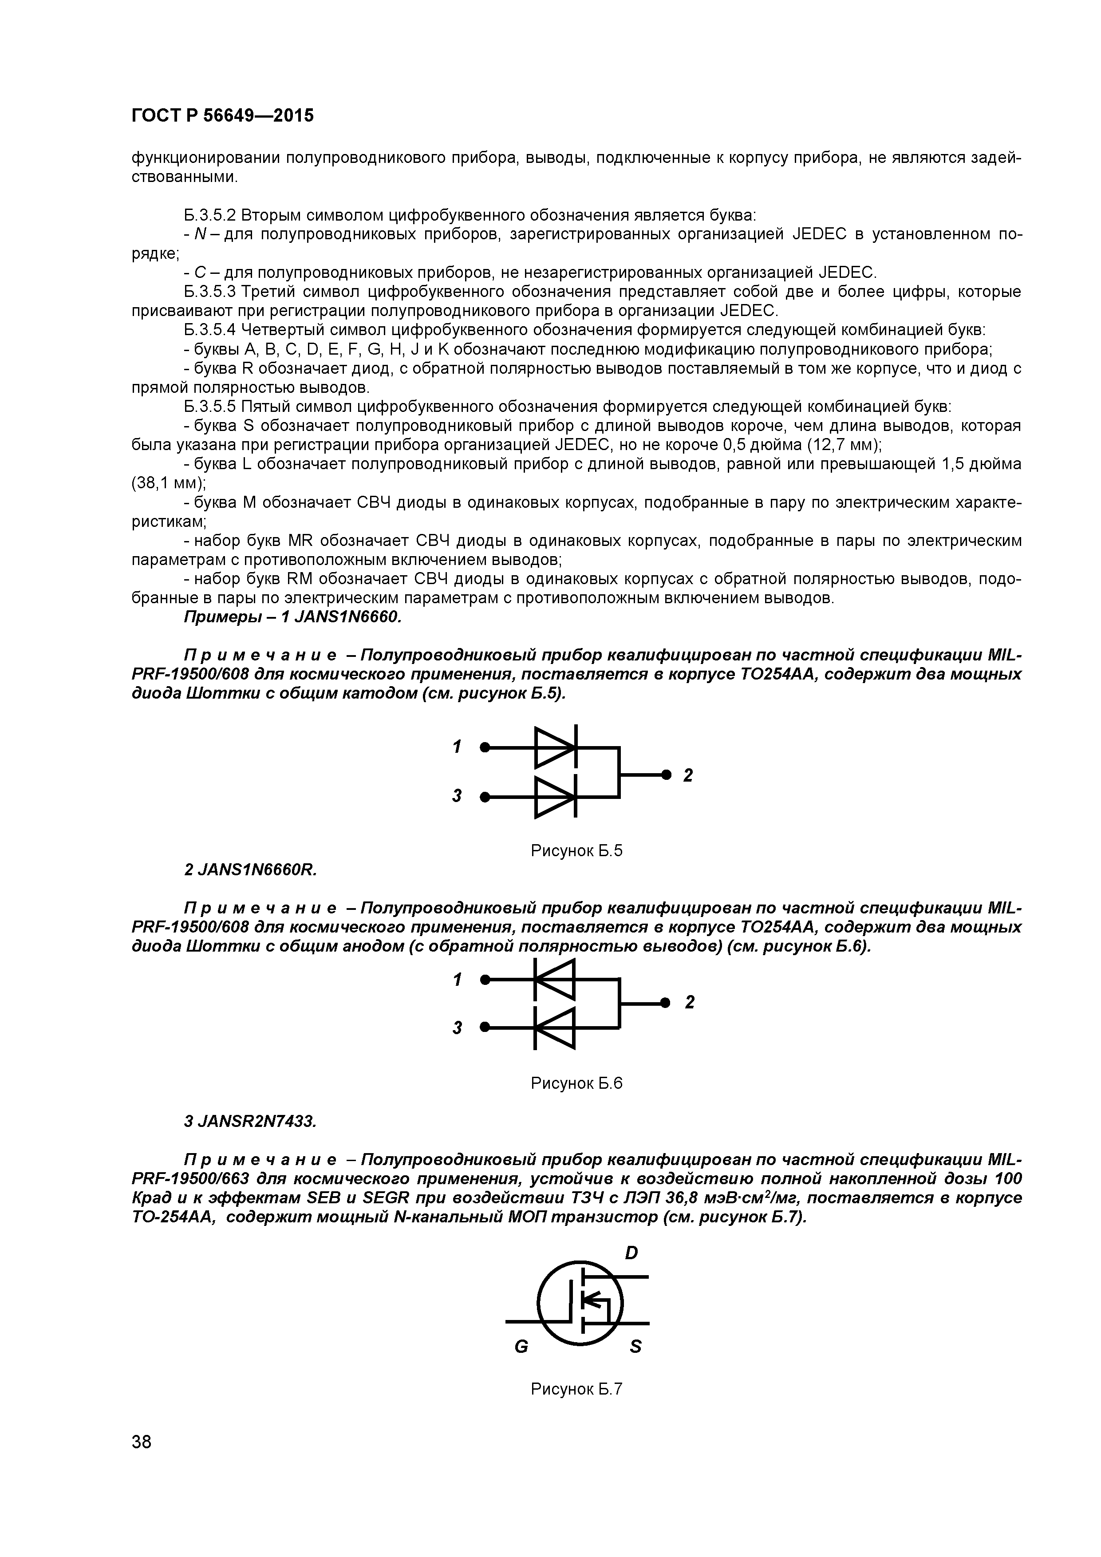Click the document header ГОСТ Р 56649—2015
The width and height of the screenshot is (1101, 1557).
pyautogui.click(x=222, y=116)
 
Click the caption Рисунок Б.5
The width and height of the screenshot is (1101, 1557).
pyautogui.click(x=576, y=850)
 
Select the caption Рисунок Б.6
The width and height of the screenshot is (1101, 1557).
pyautogui.click(x=576, y=1083)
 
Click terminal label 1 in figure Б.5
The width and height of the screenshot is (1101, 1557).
pyautogui.click(x=458, y=747)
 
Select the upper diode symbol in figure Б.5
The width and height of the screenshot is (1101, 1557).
pyautogui.click(x=555, y=747)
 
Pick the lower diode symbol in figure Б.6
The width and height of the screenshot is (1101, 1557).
pyautogui.click(x=555, y=1028)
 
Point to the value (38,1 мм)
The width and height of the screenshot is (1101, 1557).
pyautogui.click(x=168, y=483)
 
